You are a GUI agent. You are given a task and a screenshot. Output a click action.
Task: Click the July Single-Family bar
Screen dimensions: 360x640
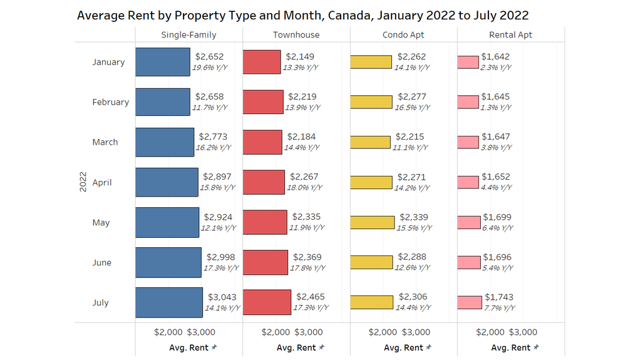pyautogui.click(x=169, y=302)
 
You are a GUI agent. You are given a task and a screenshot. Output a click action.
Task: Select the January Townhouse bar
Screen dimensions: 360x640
pyautogui.click(x=262, y=62)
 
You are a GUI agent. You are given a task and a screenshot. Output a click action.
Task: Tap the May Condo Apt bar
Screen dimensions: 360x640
pyautogui.click(x=372, y=222)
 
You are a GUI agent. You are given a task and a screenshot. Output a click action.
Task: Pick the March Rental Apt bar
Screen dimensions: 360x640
pyautogui.click(x=468, y=142)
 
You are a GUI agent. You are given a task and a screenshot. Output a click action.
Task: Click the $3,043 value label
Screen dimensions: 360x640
pyautogui.click(x=222, y=297)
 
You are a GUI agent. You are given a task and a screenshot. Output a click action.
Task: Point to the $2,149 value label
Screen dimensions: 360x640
pyautogui.click(x=299, y=56)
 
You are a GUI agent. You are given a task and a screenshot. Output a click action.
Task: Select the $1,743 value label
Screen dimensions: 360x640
pyautogui.click(x=498, y=297)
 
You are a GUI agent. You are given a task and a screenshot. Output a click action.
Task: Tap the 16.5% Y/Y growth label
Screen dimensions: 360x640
pyautogui.click(x=412, y=107)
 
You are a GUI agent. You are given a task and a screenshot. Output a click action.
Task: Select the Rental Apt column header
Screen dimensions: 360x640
pyautogui.click(x=511, y=34)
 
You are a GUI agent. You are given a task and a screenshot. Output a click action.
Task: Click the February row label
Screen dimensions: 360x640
pyautogui.click(x=110, y=102)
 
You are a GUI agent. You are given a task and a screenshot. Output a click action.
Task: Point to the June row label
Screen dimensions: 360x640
pyautogui.click(x=101, y=262)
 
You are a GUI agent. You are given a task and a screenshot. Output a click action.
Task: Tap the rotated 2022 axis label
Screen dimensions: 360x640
pyautogui.click(x=83, y=182)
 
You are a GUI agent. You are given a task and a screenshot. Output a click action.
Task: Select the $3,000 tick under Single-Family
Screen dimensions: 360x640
pyautogui.click(x=201, y=332)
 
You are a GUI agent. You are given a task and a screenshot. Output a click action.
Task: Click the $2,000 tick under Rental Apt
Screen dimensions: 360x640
pyautogui.click(x=490, y=332)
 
